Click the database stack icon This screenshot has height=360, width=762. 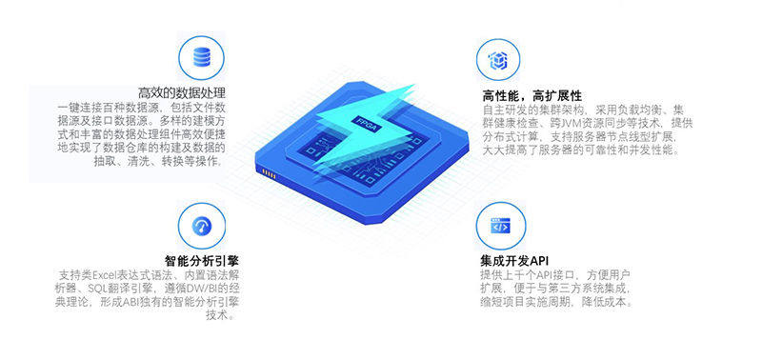pyautogui.click(x=202, y=57)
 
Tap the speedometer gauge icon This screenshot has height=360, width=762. pyautogui.click(x=202, y=226)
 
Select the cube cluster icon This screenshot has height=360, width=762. pyautogui.click(x=497, y=60)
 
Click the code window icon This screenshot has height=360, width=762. pyautogui.click(x=500, y=226)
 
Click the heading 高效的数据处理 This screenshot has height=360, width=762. pyautogui.click(x=182, y=92)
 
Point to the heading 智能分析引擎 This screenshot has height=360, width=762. pyautogui.click(x=202, y=260)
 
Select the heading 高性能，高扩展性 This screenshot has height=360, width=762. pyautogui.click(x=531, y=95)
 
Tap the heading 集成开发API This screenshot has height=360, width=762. pyautogui.click(x=514, y=260)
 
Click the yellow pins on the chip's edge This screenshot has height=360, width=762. pyautogui.click(x=269, y=173)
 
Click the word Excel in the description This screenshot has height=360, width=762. pyautogui.click(x=104, y=274)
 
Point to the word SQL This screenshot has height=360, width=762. pyautogui.click(x=97, y=289)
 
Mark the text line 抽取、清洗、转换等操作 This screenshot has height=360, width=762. pyautogui.click(x=159, y=161)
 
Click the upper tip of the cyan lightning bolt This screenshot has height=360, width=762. pyautogui.click(x=414, y=86)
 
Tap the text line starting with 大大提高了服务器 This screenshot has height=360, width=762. pyautogui.click(x=581, y=150)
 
